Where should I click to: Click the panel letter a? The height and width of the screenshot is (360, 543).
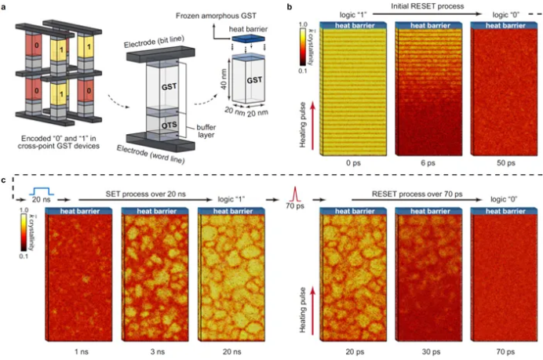[7, 6]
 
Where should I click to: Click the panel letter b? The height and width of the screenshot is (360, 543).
[291, 6]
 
